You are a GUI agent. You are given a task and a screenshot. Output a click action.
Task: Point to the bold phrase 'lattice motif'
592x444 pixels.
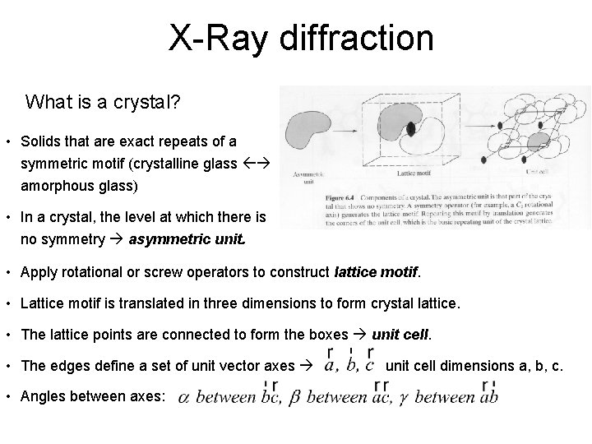pyautogui.click(x=377, y=271)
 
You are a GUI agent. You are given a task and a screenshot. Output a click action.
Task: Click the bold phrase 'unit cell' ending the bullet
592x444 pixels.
pyautogui.click(x=400, y=335)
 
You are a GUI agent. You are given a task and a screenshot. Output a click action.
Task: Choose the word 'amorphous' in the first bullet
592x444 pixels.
pyautogui.click(x=55, y=186)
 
